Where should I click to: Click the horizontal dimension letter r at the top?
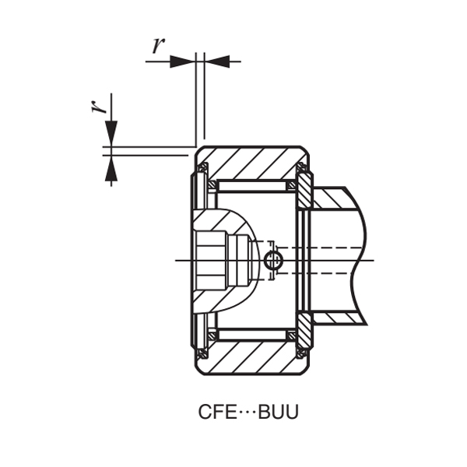click(159, 45)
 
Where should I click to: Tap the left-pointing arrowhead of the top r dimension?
click(218, 60)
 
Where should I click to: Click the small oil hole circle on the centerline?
click(272, 261)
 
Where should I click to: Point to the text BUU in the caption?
click(277, 412)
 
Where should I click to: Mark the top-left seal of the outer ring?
click(202, 169)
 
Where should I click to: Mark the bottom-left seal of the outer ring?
click(202, 352)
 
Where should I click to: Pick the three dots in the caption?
click(246, 412)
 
